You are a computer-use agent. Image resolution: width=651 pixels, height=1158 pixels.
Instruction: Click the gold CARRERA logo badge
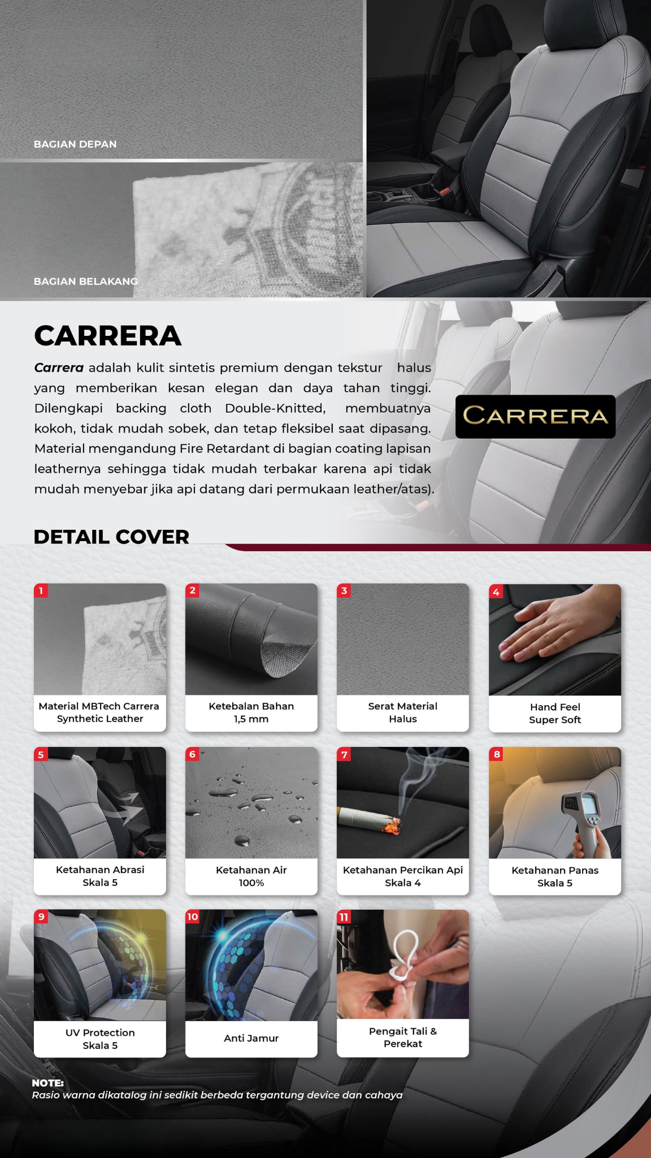pyautogui.click(x=535, y=416)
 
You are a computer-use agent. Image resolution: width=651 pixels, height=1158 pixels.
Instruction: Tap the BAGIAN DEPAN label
pyautogui.click(x=75, y=144)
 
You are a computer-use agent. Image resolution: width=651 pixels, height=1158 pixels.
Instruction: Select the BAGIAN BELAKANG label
pyautogui.click(x=86, y=281)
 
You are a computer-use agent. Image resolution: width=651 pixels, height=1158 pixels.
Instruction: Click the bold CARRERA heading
pyautogui.click(x=108, y=335)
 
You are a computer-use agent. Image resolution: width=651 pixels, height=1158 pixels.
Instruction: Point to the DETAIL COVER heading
pyautogui.click(x=111, y=537)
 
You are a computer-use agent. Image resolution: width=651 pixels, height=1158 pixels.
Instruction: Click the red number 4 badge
pyautogui.click(x=496, y=591)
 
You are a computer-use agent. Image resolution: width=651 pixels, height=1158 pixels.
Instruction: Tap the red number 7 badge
pyautogui.click(x=344, y=754)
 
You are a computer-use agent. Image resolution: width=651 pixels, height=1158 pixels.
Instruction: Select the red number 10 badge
pyautogui.click(x=193, y=917)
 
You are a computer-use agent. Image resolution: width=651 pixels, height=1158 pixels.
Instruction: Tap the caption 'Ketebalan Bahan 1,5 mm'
pyautogui.click(x=251, y=712)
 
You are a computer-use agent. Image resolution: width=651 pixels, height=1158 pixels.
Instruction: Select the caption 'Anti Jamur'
pyautogui.click(x=251, y=1038)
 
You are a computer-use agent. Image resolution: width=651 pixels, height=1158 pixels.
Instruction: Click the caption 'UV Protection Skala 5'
pyautogui.click(x=100, y=1039)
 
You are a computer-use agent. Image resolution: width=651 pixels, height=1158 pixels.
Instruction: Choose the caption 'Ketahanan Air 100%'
pyautogui.click(x=251, y=876)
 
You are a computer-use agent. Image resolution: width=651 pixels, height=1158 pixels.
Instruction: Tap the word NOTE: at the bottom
pyautogui.click(x=48, y=1083)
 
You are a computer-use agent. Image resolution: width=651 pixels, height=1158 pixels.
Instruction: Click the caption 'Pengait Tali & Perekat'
pyautogui.click(x=403, y=1037)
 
